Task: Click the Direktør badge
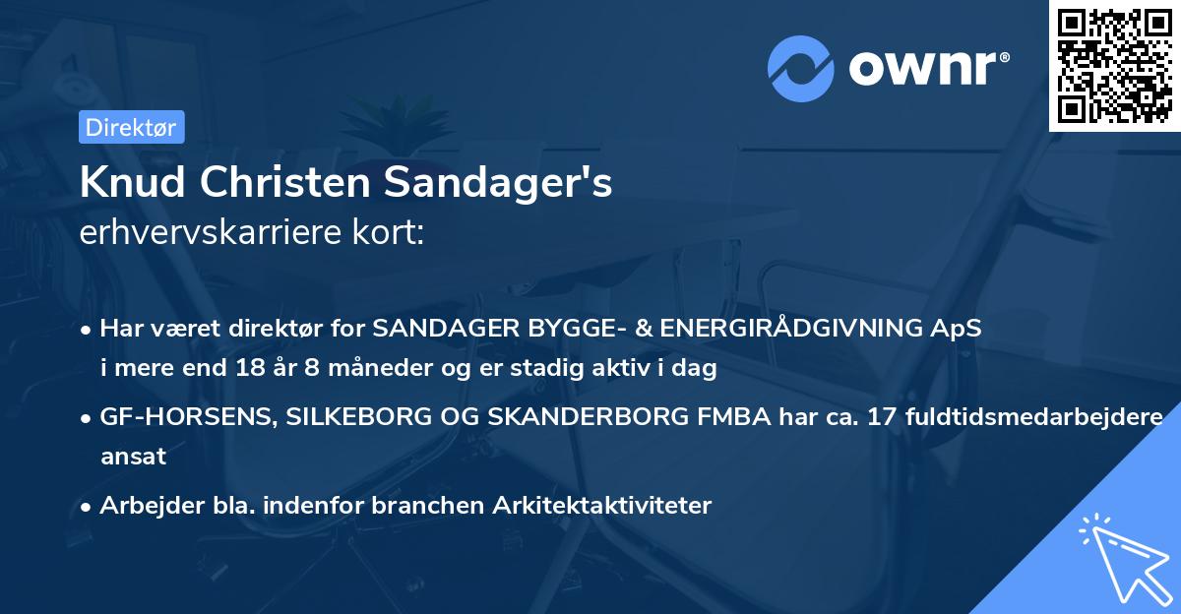(131, 127)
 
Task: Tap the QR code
(1114, 66)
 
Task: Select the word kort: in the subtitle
(391, 232)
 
